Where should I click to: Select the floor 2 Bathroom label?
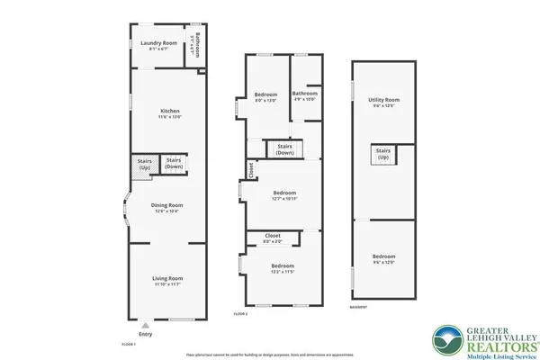click(x=304, y=95)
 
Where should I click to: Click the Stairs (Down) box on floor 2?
click(x=285, y=149)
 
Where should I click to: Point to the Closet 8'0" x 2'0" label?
click(x=272, y=238)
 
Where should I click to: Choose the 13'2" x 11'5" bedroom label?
click(x=283, y=268)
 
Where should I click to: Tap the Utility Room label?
click(x=383, y=103)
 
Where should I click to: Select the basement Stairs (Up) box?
click(x=383, y=155)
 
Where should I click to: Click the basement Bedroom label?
click(x=383, y=260)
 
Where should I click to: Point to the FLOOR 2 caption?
click(x=240, y=313)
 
